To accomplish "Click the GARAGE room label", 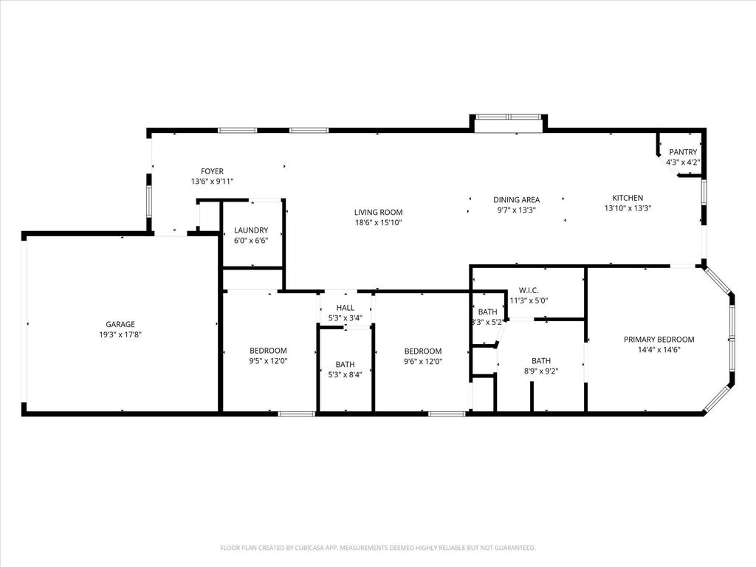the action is coord(120,325).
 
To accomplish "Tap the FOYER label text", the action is coord(212,171).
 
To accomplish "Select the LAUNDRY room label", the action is coord(251,230).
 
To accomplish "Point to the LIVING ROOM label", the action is coord(378,212).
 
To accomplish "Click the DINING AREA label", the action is coord(516,199).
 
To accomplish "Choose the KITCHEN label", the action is coord(628,198).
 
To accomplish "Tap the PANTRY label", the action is coord(683,152).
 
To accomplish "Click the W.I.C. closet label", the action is coord(529,290).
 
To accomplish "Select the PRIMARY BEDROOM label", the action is coord(659,340).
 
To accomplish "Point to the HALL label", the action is coord(346,308).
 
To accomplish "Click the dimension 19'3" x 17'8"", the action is coord(120,334).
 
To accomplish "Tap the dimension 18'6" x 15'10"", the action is coord(378,223).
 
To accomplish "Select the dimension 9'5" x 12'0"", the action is coord(268,361).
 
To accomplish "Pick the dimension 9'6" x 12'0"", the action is coord(423,362).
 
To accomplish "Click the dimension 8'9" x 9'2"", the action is coord(541,371).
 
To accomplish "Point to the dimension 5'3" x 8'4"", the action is coord(346,374).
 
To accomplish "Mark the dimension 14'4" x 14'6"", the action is coord(659,350).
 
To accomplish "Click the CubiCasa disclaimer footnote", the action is coord(378,548).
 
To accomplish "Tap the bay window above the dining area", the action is coord(508,117).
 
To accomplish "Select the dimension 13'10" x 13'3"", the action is coord(628,208).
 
